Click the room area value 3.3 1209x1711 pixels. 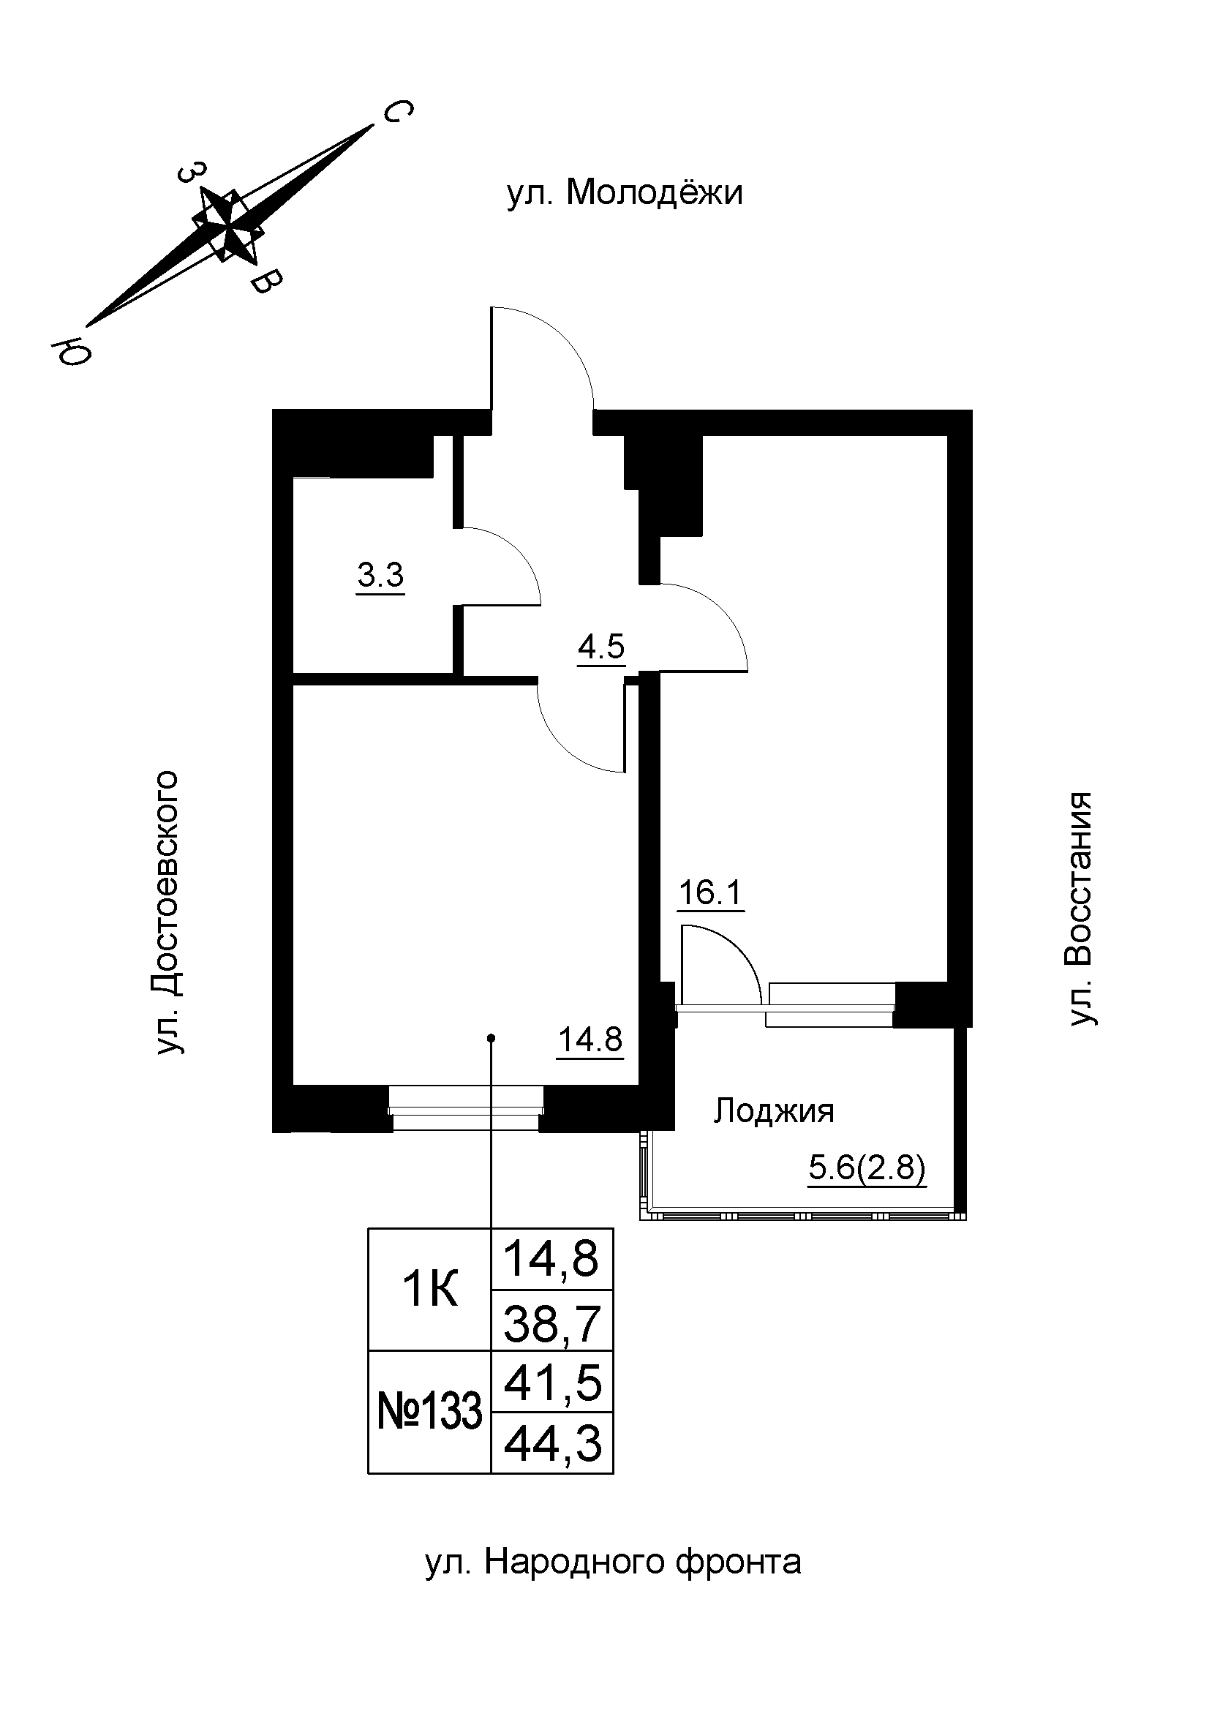(x=380, y=575)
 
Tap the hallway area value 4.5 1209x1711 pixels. (x=601, y=646)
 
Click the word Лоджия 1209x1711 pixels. (x=773, y=1112)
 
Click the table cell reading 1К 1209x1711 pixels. (x=430, y=1289)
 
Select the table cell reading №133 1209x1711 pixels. (x=430, y=1412)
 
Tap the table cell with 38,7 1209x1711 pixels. (x=552, y=1323)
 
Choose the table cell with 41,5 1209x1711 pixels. (x=552, y=1383)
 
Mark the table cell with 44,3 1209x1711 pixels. (x=552, y=1443)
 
